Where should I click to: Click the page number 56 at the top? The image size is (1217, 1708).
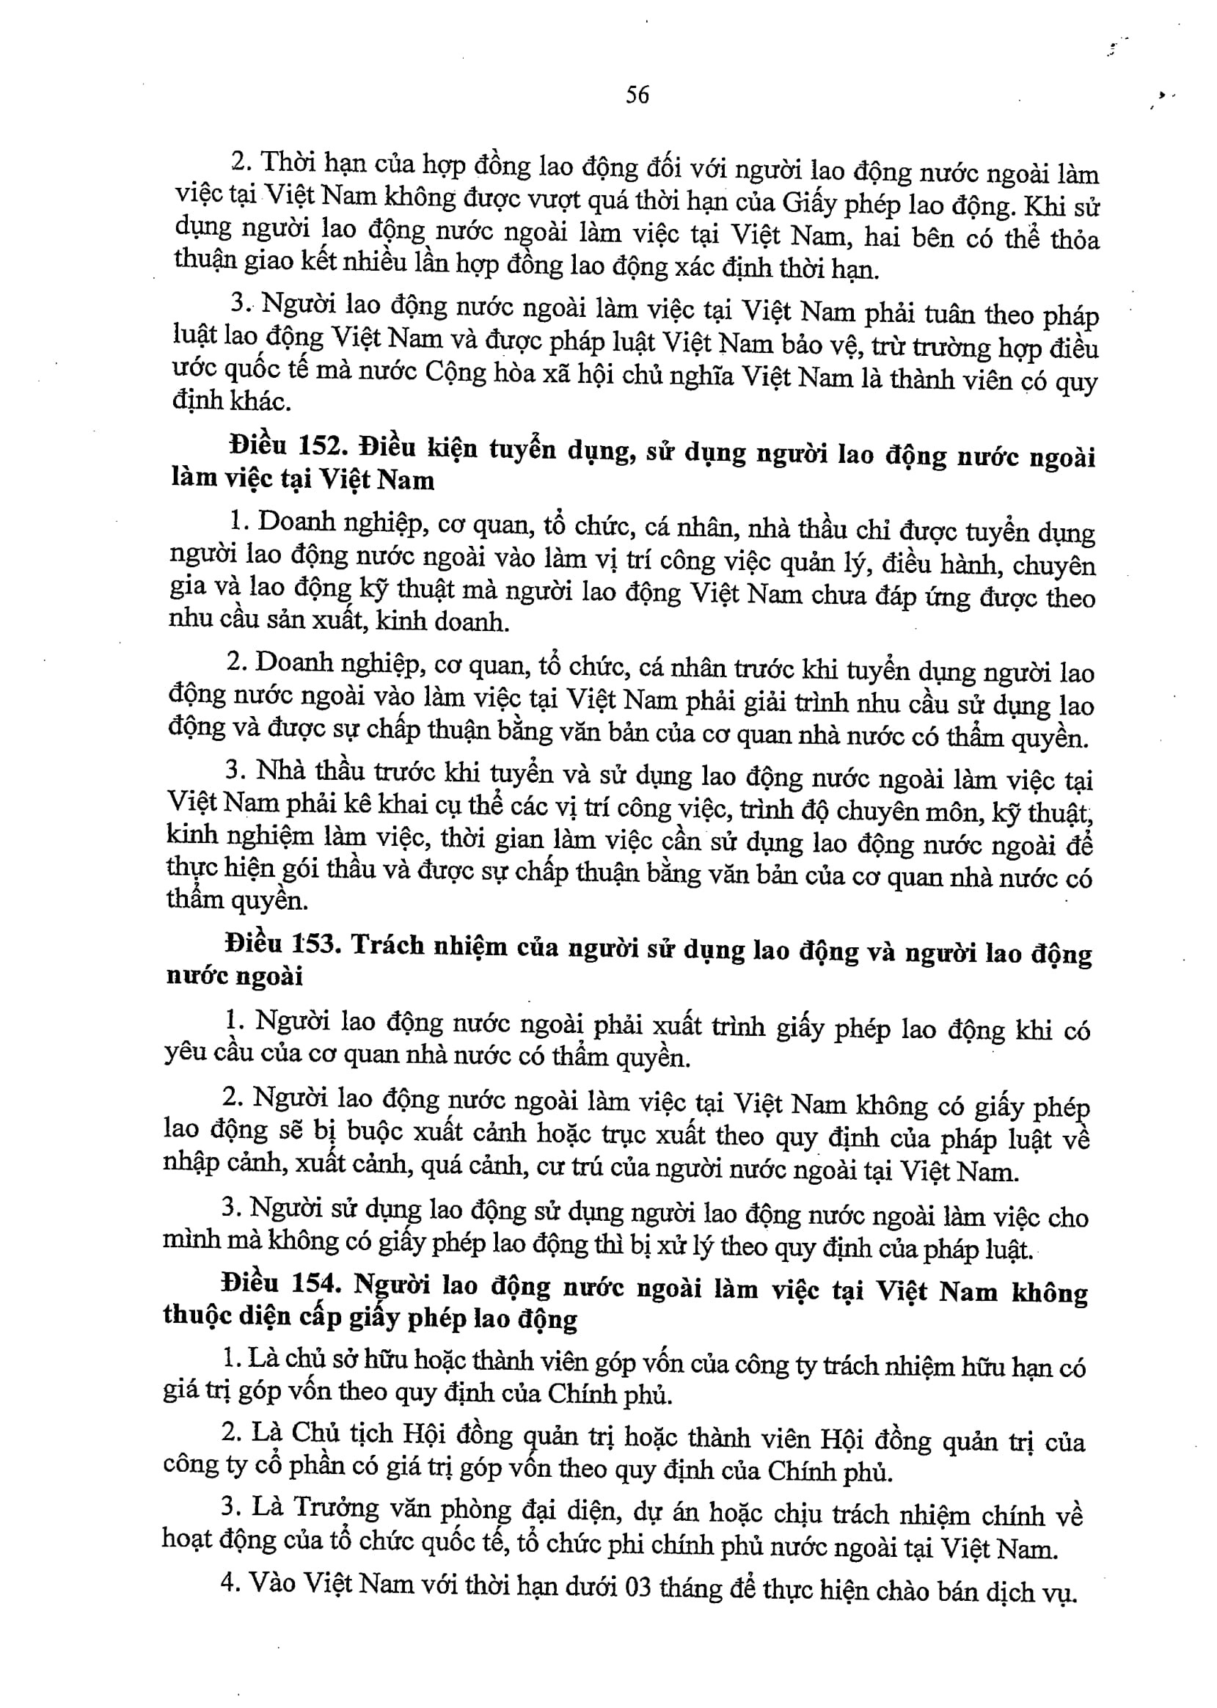click(x=636, y=95)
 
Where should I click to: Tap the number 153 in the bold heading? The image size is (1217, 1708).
click(x=312, y=944)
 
